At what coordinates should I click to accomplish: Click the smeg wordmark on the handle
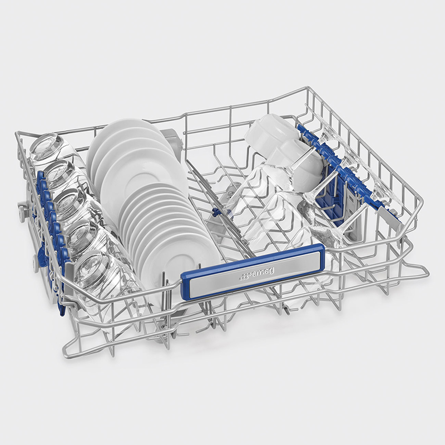263,274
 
